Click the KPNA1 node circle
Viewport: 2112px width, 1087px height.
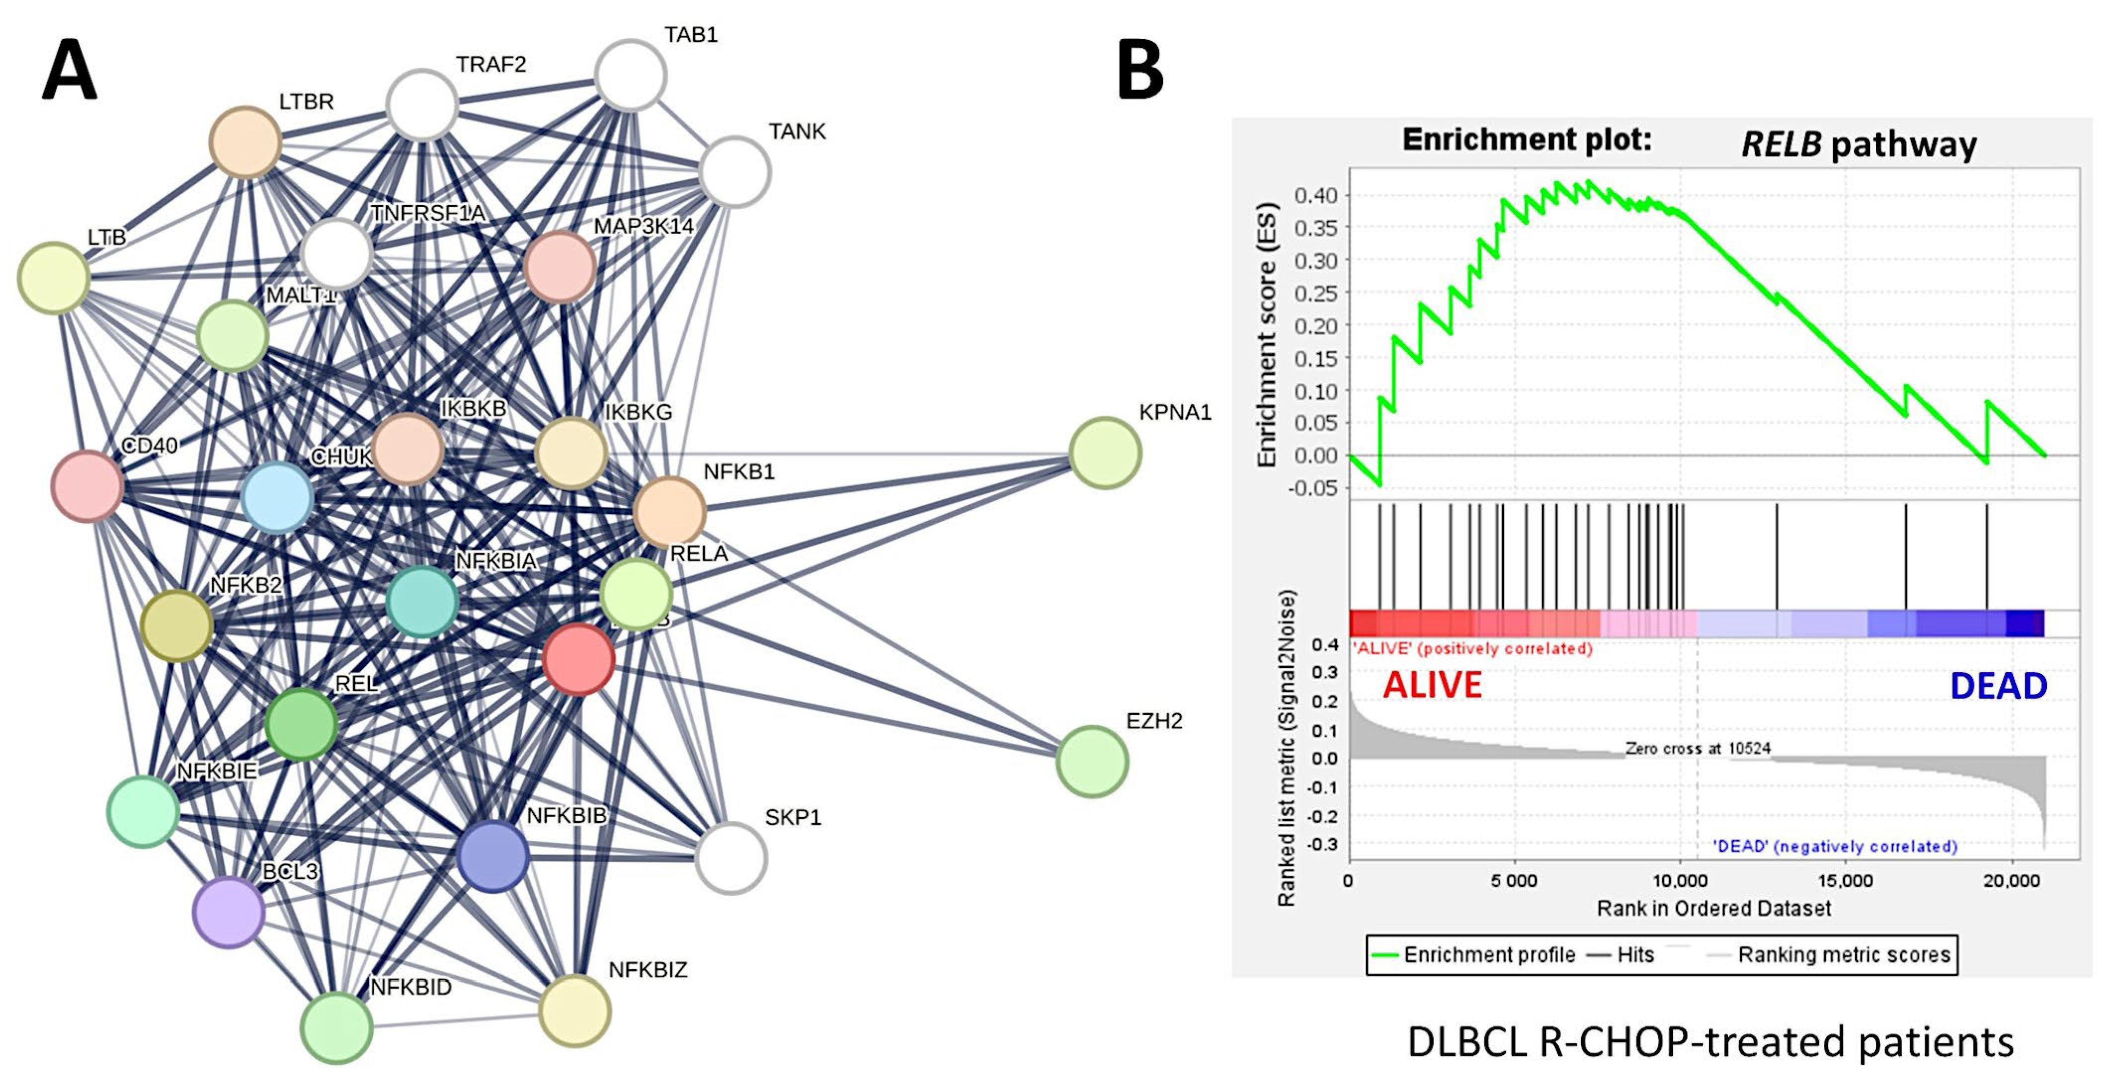click(1104, 453)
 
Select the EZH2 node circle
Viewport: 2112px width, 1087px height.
click(1091, 761)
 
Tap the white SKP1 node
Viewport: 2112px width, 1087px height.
click(731, 857)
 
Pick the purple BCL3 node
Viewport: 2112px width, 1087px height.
click(229, 912)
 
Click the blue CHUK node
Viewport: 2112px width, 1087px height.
click(277, 497)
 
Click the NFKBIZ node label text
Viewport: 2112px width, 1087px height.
click(648, 970)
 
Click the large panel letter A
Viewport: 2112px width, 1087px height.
click(70, 72)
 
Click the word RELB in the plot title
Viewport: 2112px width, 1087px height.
click(1780, 144)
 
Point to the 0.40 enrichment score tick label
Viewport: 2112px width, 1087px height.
click(1315, 196)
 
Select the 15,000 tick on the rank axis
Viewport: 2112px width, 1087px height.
click(1845, 880)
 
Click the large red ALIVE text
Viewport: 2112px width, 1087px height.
click(1432, 685)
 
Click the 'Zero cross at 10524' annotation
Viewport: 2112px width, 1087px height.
click(1697, 748)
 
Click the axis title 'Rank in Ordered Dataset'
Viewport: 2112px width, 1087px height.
click(1713, 908)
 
